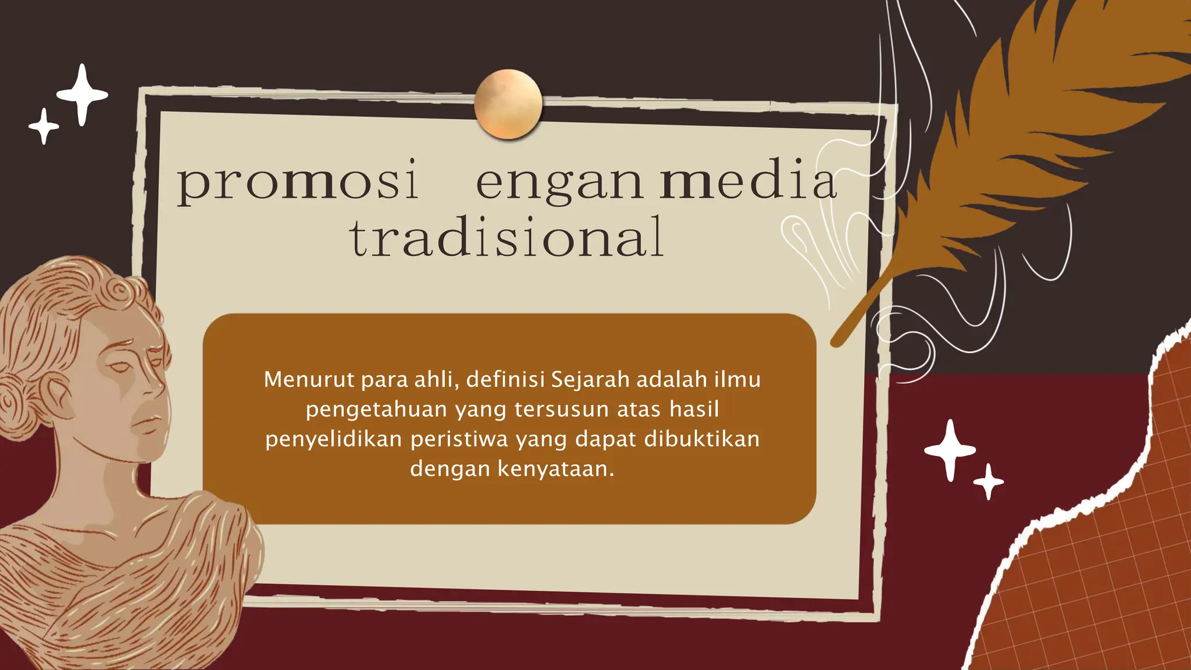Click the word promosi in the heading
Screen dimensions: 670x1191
pos(297,181)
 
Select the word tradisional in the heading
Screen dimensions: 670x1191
pos(507,237)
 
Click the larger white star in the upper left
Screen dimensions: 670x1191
pos(83,94)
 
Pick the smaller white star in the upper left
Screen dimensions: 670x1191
pos(44,126)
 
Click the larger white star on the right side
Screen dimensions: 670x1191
pos(950,450)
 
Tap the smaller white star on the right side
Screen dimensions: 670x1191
pos(989,482)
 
